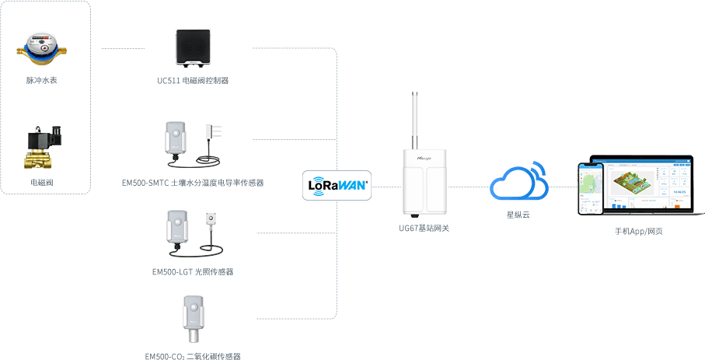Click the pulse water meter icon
[x=42, y=47]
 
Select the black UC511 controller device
[x=193, y=47]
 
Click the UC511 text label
[x=192, y=80]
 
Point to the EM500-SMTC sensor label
[x=193, y=183]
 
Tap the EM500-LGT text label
[x=193, y=272]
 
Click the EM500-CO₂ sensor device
[x=192, y=319]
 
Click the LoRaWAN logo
[x=337, y=186]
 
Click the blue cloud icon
[x=518, y=184]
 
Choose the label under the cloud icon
[x=518, y=214]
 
